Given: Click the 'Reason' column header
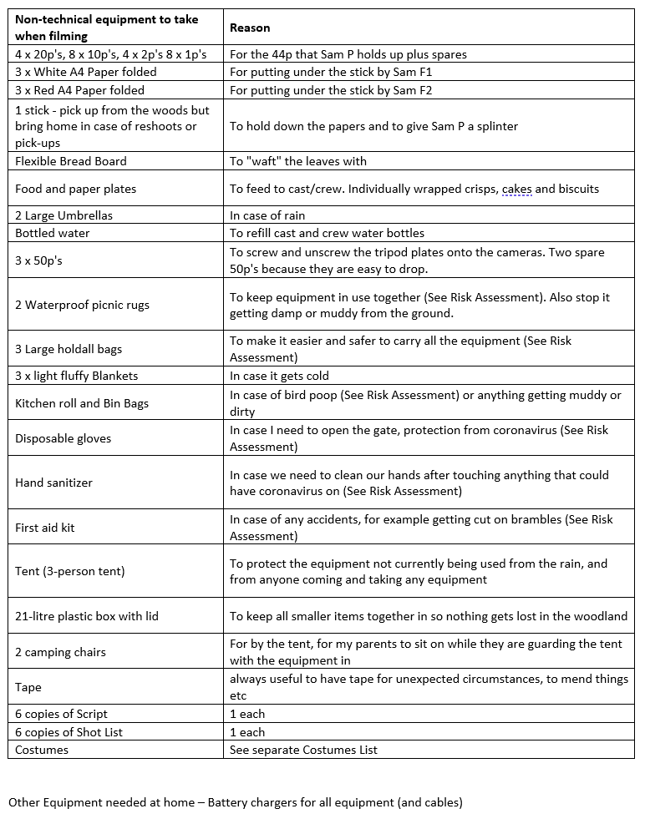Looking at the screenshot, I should tap(250, 28).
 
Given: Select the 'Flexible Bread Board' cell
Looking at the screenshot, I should tap(70, 161).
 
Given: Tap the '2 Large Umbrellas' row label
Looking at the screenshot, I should tap(63, 215).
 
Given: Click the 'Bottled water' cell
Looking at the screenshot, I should tap(52, 233).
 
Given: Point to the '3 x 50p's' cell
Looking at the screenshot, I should tap(38, 260).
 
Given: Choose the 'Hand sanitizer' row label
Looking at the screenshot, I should tap(53, 483).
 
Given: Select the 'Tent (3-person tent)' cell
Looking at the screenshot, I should tap(69, 572).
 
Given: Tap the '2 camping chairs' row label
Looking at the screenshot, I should tap(60, 652).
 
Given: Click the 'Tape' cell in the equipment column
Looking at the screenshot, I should tap(28, 688).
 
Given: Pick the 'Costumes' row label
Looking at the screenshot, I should tap(42, 750).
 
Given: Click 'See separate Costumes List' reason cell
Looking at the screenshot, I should tap(303, 750).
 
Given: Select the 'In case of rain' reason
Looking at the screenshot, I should tap(267, 215).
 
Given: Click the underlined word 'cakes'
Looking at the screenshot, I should tap(516, 189).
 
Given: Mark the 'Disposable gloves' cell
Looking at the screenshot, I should tap(63, 438).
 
